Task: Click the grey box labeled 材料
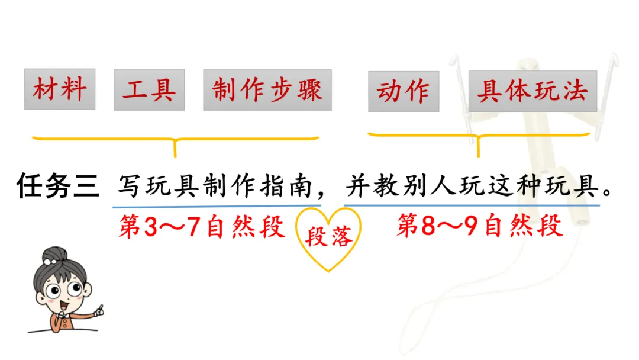point(60,89)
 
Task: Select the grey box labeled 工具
point(149,90)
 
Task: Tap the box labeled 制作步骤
point(267,90)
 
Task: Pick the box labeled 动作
point(404,91)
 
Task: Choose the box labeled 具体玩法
point(532,91)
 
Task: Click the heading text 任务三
point(58,186)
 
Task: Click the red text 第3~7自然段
point(202,226)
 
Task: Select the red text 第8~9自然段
point(480,225)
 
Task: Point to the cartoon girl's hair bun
point(54,255)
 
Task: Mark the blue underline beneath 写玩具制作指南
point(217,206)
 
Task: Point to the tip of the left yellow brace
point(175,157)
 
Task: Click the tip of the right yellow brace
point(479,156)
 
